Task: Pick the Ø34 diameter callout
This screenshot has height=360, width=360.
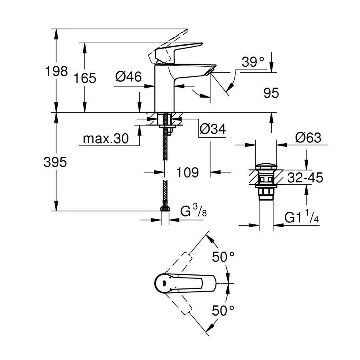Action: pos(212,129)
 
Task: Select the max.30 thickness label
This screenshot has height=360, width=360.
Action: pos(105,139)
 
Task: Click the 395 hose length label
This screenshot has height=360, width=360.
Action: pos(56,162)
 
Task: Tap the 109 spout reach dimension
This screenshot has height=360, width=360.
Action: pos(187,172)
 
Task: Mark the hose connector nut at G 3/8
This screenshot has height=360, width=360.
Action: pos(164,208)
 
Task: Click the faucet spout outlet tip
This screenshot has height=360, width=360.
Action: pos(211,70)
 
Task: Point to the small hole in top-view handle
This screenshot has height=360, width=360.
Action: pos(164,284)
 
